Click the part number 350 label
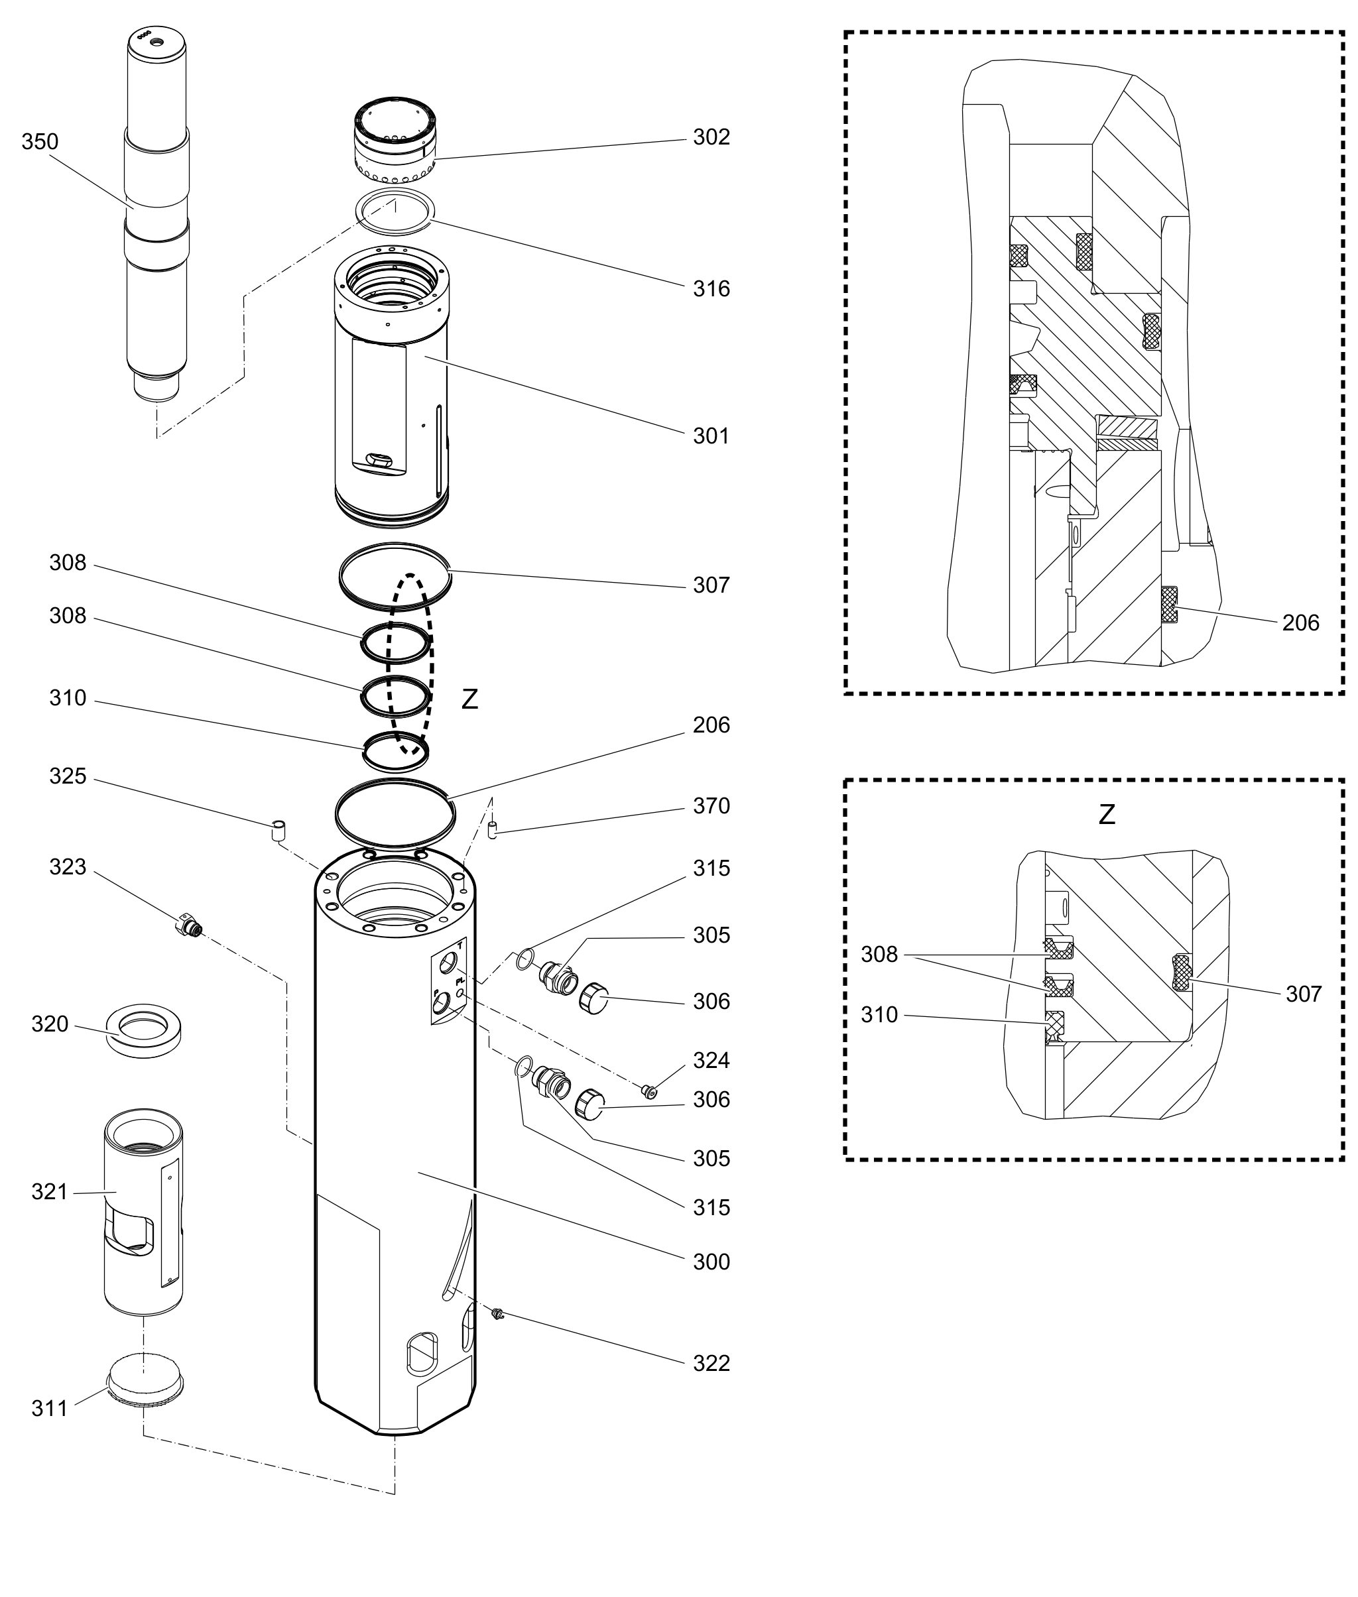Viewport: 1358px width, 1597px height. pos(40,142)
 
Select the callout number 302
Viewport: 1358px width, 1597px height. pos(711,137)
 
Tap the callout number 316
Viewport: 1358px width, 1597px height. pos(711,288)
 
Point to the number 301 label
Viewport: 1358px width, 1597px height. pos(711,436)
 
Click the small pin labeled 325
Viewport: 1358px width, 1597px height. pos(278,831)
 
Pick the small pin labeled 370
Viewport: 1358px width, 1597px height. pos(493,831)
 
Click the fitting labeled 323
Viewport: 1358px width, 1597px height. pos(188,924)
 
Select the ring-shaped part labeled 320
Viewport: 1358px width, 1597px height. pos(143,1031)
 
